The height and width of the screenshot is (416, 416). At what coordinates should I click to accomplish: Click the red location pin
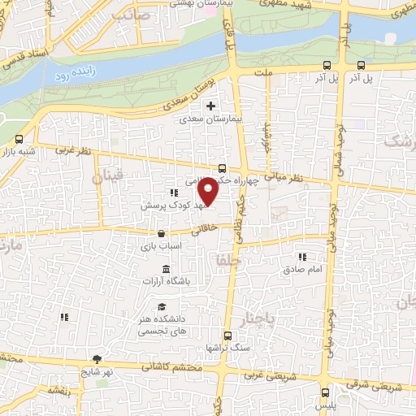208,190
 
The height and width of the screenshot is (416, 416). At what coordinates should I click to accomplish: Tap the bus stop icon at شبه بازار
19,139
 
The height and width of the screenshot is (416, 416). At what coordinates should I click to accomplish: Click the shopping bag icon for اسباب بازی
161,234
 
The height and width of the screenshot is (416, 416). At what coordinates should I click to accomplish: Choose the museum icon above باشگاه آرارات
167,269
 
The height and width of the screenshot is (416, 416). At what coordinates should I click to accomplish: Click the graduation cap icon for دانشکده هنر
162,306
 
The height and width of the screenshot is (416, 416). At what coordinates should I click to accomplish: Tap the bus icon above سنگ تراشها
227,335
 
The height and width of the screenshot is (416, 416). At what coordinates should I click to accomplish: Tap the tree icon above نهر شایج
97,358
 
